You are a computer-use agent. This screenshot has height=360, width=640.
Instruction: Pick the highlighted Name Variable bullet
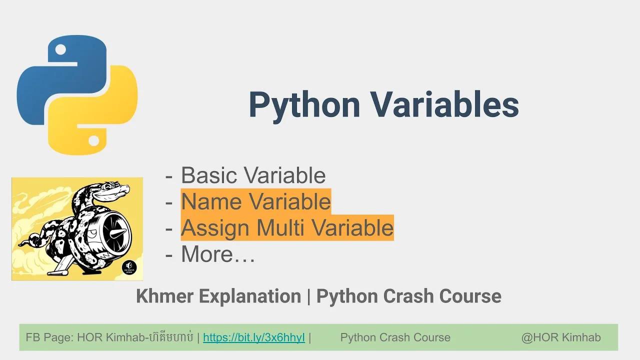[255, 201]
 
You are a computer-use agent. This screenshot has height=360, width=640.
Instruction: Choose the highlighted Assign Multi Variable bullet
[287, 228]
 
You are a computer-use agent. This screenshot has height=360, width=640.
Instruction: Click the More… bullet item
[218, 254]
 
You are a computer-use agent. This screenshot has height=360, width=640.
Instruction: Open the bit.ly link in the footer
[253, 337]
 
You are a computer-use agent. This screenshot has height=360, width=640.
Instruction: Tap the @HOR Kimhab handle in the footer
[561, 337]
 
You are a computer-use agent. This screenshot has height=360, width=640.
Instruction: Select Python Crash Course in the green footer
[395, 337]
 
